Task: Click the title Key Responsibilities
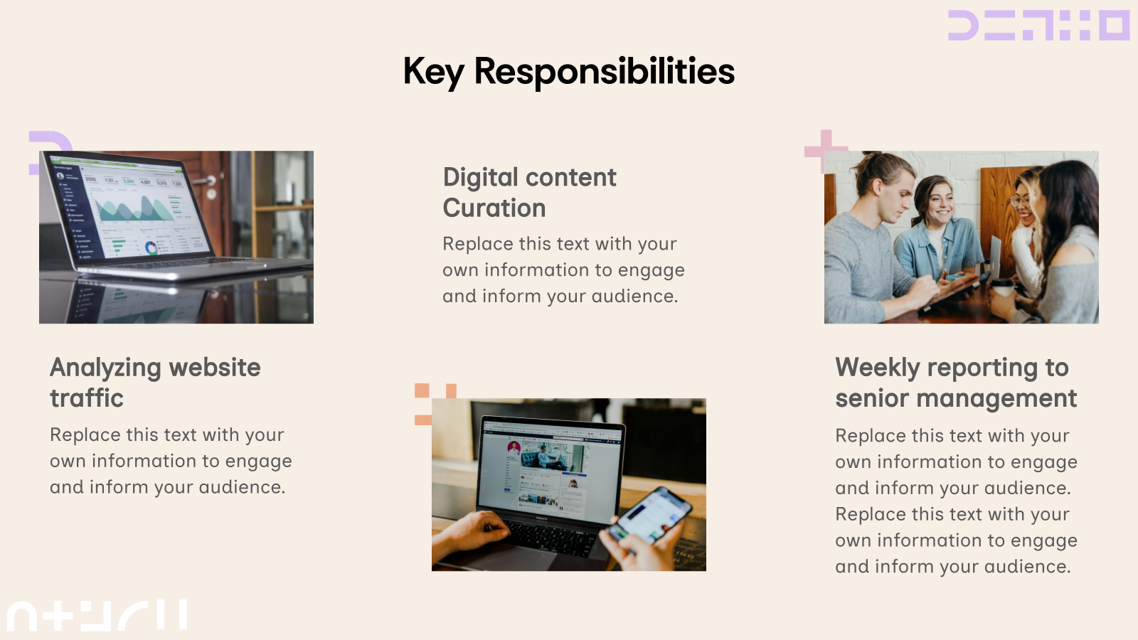pyautogui.click(x=568, y=71)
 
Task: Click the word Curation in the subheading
pyautogui.click(x=494, y=208)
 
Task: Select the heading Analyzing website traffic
pyautogui.click(x=155, y=383)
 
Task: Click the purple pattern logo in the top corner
pyautogui.click(x=1038, y=26)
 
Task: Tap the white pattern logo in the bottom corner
pyautogui.click(x=97, y=616)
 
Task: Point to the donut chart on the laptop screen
pyautogui.click(x=151, y=247)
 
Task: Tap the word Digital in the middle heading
pyautogui.click(x=480, y=178)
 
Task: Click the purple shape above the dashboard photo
pyautogui.click(x=50, y=142)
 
